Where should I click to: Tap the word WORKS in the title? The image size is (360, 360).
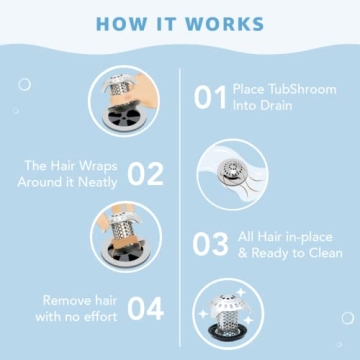pyautogui.click(x=228, y=23)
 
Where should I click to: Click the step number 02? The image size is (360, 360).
pyautogui.click(x=145, y=173)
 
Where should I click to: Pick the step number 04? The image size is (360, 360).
pyautogui.click(x=145, y=308)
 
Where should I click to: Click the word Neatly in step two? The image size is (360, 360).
pyautogui.click(x=97, y=183)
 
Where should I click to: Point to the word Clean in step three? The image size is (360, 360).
pyautogui.click(x=315, y=254)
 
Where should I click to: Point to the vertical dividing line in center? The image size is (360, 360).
pyautogui.click(x=180, y=200)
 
